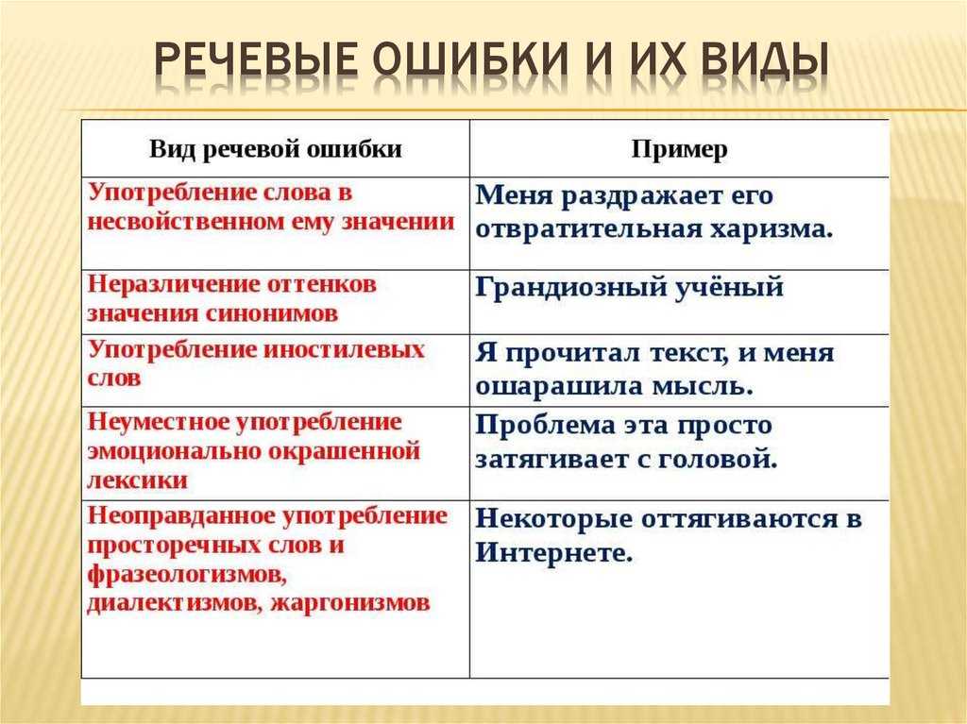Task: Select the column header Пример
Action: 679,149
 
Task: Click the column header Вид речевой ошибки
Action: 275,149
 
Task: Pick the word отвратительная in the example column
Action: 587,229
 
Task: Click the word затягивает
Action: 552,460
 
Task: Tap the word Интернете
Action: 554,552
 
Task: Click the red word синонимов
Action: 271,314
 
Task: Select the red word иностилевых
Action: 345,349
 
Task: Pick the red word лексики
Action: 138,480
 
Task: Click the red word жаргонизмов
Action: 350,602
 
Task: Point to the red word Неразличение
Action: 167,284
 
